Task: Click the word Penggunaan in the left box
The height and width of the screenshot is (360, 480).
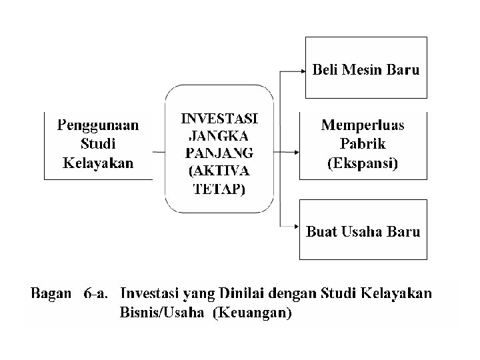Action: (x=97, y=124)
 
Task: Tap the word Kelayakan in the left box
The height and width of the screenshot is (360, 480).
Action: (x=97, y=163)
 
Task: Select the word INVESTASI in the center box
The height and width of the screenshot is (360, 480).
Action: (x=219, y=119)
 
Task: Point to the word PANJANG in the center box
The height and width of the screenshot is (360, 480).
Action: (x=219, y=153)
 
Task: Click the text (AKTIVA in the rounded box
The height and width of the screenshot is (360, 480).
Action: (x=219, y=171)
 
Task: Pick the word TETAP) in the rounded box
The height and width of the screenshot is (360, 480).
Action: (x=219, y=188)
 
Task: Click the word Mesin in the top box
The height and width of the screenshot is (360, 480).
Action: (x=365, y=69)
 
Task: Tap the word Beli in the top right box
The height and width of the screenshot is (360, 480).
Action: (x=326, y=69)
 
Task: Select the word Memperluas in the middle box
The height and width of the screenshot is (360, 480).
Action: (x=363, y=125)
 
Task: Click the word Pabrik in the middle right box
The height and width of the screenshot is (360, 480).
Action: (x=363, y=144)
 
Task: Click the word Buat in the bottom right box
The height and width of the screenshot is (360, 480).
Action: (x=323, y=232)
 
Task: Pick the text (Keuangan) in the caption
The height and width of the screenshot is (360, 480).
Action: (x=251, y=312)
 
